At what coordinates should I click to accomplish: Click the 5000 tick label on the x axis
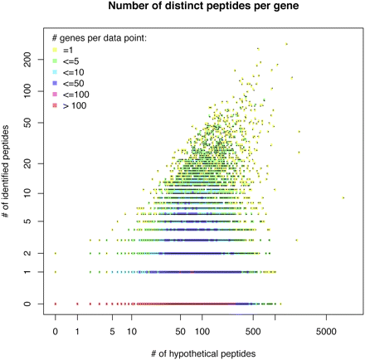click(326, 331)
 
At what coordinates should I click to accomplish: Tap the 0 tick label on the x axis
click(56, 331)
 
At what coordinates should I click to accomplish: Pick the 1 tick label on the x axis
click(77, 331)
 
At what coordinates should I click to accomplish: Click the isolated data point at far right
click(343, 197)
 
